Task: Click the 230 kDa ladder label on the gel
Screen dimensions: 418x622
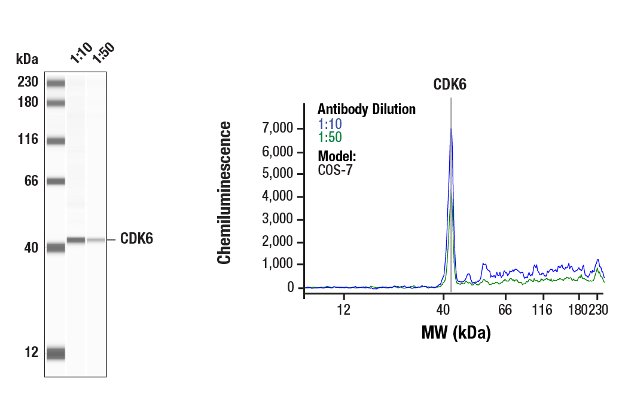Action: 28,82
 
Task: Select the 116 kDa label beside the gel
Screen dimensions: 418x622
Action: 28,140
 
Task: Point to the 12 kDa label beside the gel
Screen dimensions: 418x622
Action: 31,352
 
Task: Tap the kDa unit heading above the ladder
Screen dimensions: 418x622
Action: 27,59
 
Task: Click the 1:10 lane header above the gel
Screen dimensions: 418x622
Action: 80,53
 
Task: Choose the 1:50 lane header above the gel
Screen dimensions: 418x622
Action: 103,53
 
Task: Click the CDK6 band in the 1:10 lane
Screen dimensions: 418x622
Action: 76,240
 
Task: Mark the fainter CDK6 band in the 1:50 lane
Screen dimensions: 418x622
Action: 96,240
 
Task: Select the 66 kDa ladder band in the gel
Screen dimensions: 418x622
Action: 56,181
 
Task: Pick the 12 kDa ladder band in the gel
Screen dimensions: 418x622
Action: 56,354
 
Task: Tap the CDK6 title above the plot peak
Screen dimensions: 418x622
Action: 450,84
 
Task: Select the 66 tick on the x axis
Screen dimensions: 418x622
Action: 506,310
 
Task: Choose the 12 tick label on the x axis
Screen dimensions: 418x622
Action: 343,310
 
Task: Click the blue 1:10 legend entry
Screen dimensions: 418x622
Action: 330,124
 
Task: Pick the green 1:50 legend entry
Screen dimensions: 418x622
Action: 330,137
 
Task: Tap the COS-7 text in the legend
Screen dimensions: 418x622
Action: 335,170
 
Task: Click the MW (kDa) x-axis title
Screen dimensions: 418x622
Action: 456,332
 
